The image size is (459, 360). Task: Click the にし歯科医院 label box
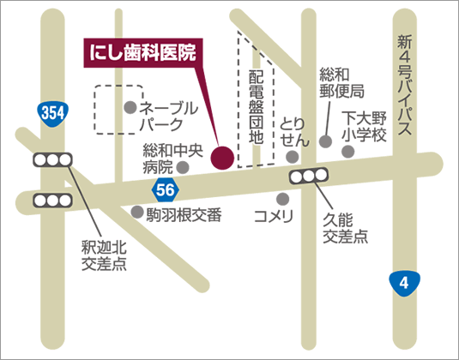click(144, 51)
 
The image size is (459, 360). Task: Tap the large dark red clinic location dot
click(221, 157)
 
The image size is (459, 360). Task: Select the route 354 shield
click(52, 112)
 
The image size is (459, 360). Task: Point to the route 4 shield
click(403, 282)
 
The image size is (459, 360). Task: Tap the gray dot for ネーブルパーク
click(130, 108)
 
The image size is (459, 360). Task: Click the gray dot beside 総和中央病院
click(182, 167)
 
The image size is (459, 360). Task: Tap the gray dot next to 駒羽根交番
click(137, 210)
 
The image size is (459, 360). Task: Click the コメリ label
click(274, 214)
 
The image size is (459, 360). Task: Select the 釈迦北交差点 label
click(104, 255)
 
